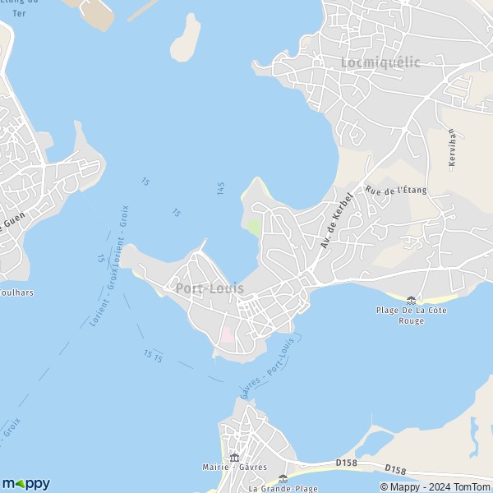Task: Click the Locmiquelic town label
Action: pyautogui.click(x=380, y=62)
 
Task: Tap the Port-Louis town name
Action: pyautogui.click(x=209, y=288)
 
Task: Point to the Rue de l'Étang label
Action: pyautogui.click(x=396, y=191)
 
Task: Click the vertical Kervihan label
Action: pyautogui.click(x=452, y=148)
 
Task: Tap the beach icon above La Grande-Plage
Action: pyautogui.click(x=283, y=477)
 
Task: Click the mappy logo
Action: pyautogui.click(x=25, y=483)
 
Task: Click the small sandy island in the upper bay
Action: pyautogui.click(x=184, y=38)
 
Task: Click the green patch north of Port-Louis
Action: pyautogui.click(x=254, y=226)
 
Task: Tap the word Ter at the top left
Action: pyautogui.click(x=18, y=13)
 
